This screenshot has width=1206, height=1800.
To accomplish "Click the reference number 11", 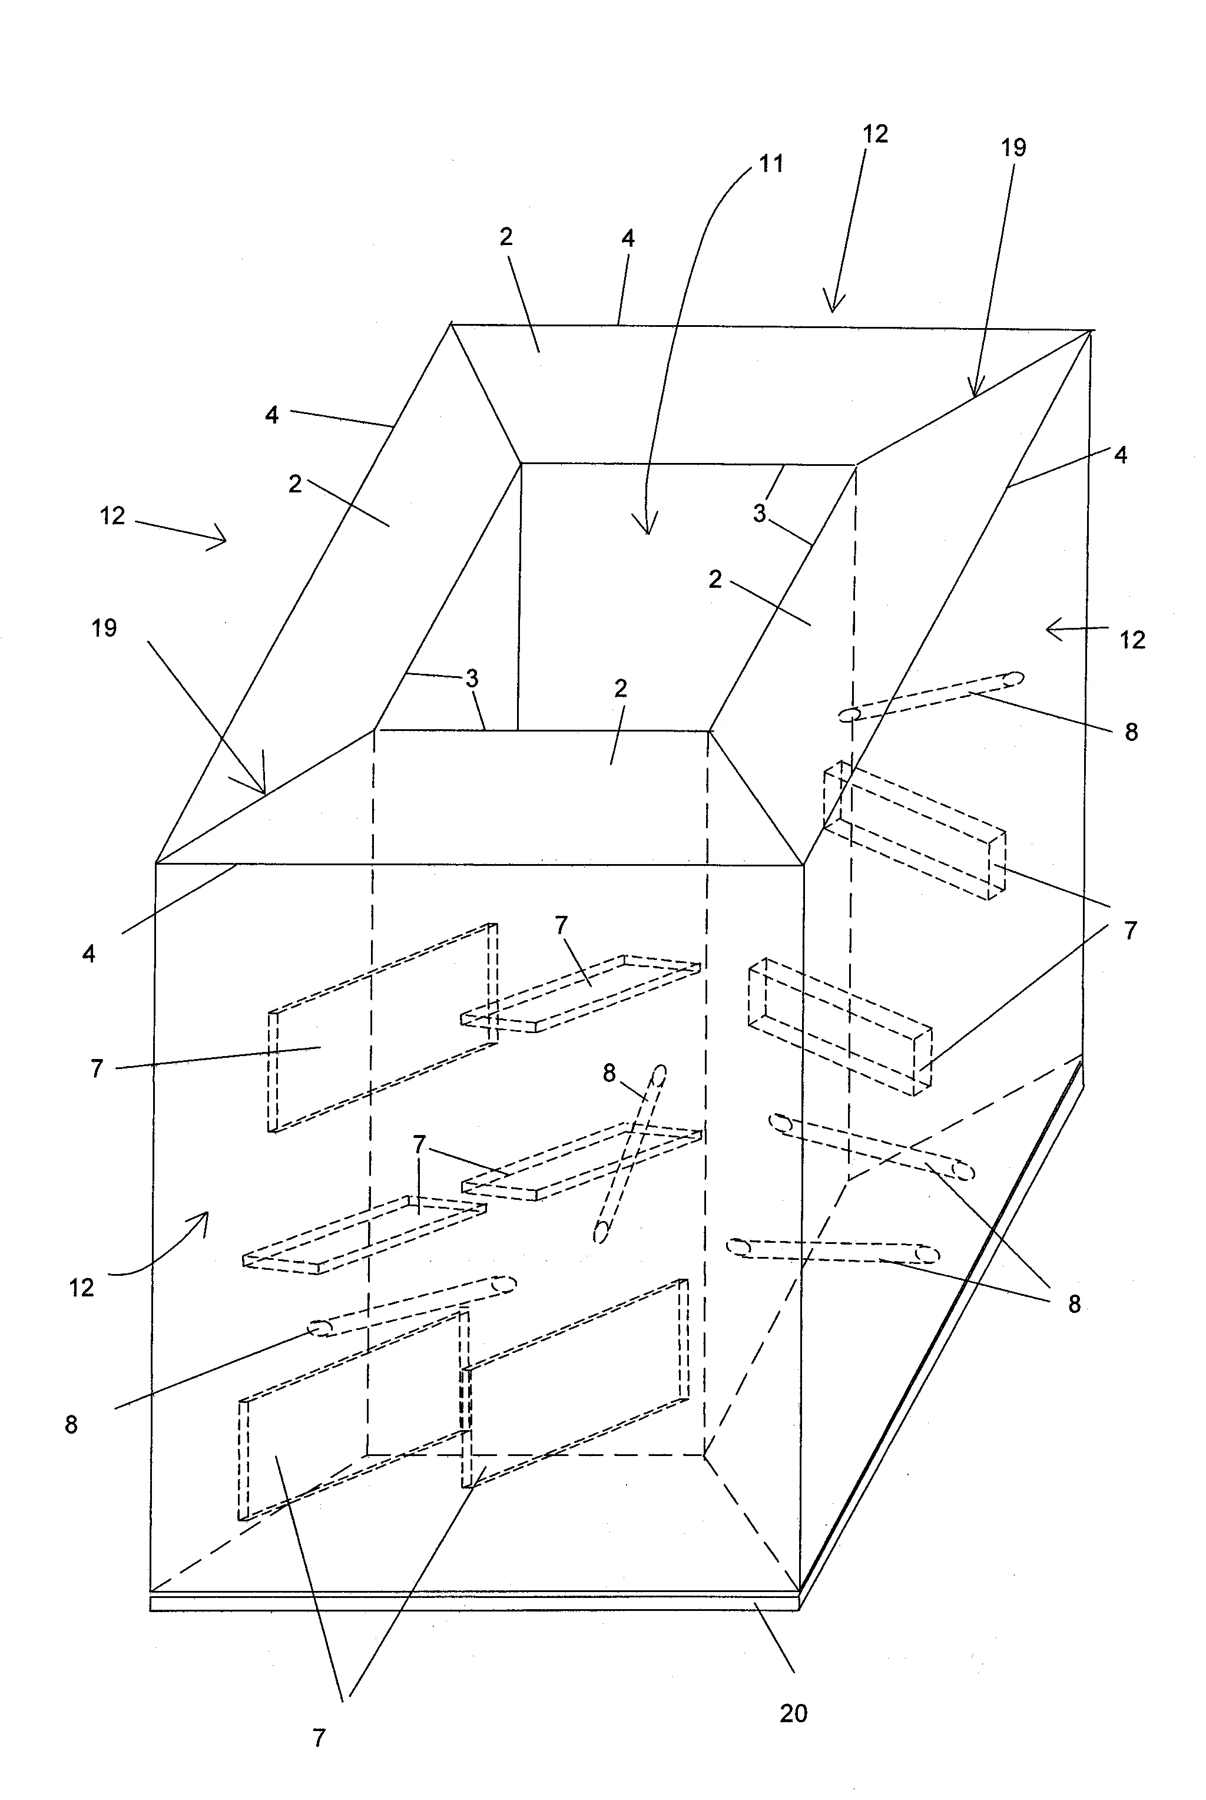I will coord(771,164).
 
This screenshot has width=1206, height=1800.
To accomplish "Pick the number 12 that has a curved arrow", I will coord(81,1287).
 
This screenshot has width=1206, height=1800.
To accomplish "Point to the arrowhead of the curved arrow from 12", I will coord(204,1215).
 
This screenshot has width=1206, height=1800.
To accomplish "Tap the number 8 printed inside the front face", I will coord(608,1073).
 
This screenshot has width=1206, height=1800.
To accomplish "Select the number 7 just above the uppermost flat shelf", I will coord(561,925).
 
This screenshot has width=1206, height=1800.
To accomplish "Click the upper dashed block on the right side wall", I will coord(914,830).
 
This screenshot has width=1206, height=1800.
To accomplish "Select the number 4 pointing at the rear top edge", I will coord(628,239).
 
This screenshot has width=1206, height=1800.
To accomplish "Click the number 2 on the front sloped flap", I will coord(621,689).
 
